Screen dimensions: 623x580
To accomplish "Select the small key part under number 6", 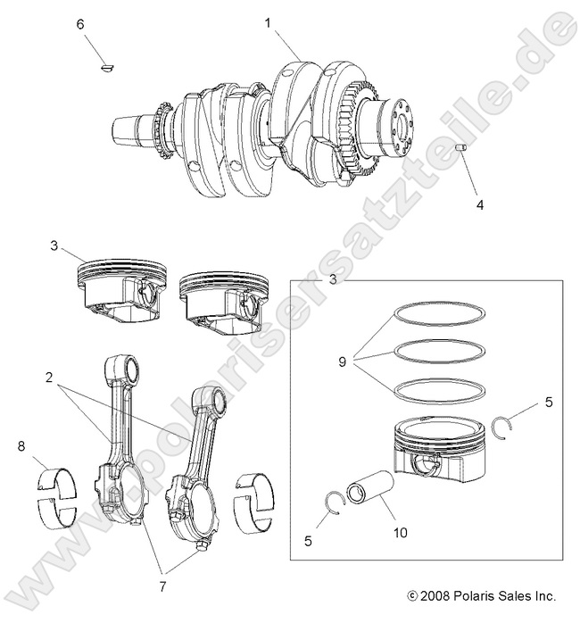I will tap(107, 64).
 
